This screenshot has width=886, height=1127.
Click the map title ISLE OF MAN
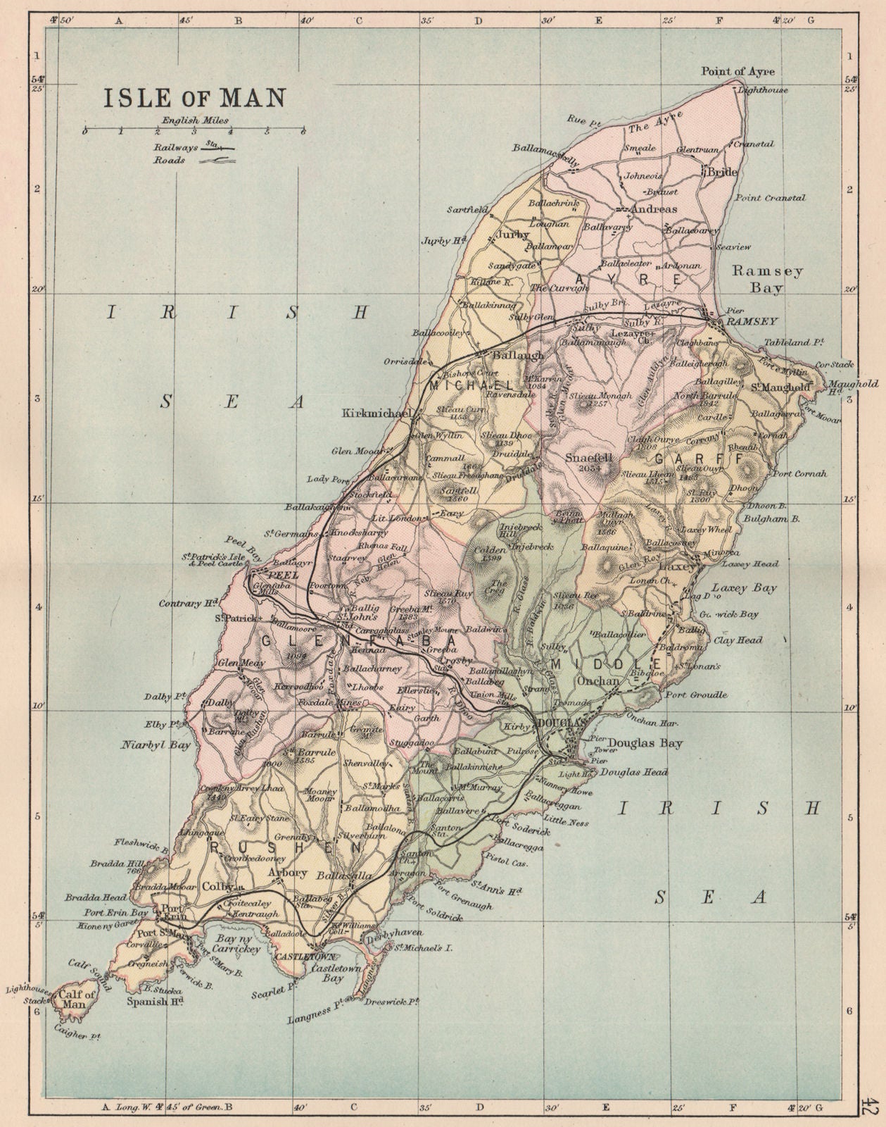(x=195, y=97)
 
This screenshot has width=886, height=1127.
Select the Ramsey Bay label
(x=757, y=279)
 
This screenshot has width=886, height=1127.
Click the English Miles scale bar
(x=192, y=130)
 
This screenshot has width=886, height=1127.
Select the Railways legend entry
(x=194, y=148)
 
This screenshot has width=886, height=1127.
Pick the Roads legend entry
(x=194, y=161)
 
